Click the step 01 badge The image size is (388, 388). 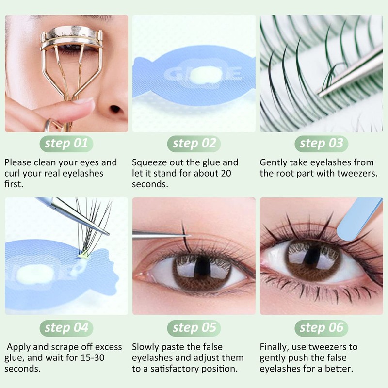[66, 143]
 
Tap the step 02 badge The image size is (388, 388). [194, 143]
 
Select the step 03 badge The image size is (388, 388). [321, 143]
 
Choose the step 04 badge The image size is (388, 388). [66, 328]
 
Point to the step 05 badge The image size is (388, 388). [194, 328]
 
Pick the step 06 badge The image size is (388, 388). [321, 328]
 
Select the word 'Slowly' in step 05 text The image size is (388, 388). [146, 347]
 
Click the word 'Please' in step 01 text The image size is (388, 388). [19, 162]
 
